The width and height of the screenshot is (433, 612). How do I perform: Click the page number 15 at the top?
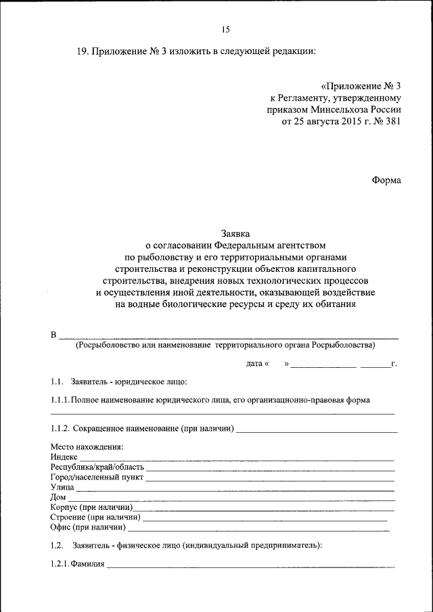(226, 29)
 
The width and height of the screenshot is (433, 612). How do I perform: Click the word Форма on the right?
(386, 180)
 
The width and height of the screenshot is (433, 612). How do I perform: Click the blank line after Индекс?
(237, 460)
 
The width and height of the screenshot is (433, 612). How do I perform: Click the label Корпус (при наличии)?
(91, 507)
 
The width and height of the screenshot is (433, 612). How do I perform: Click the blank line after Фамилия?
(250, 567)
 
